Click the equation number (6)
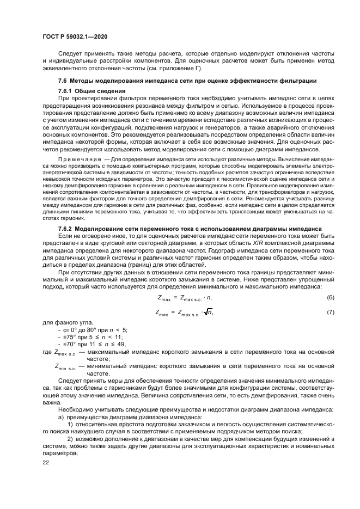(330, 298)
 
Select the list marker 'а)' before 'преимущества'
(60, 416)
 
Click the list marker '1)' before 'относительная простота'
(69, 423)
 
